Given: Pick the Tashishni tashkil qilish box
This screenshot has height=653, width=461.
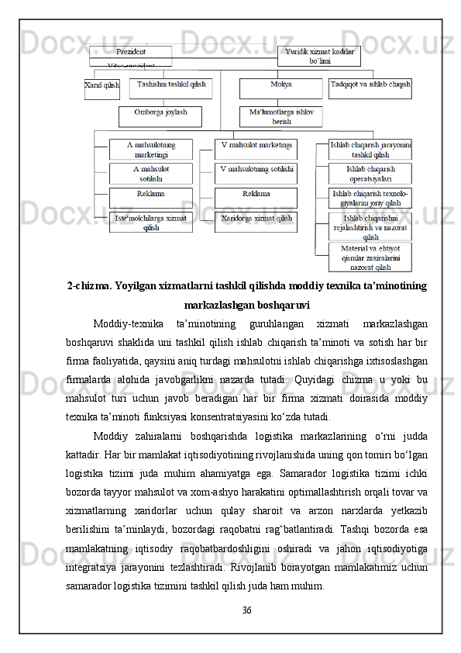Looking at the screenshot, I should (170, 88).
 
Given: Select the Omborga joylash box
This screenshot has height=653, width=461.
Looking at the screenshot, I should (160, 116).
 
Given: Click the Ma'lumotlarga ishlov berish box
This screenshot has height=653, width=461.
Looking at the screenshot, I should (280, 116).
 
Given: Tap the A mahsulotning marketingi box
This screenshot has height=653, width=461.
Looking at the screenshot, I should (150, 149).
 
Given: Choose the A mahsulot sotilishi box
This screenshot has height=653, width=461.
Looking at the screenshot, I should (150, 173).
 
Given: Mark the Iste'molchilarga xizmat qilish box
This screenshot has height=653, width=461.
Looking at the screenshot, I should (150, 222).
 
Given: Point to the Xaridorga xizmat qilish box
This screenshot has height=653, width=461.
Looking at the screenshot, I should (256, 222).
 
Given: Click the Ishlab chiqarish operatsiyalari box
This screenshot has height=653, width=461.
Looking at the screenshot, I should (370, 173).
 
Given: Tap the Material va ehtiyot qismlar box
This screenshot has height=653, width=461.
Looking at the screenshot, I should (370, 257).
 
